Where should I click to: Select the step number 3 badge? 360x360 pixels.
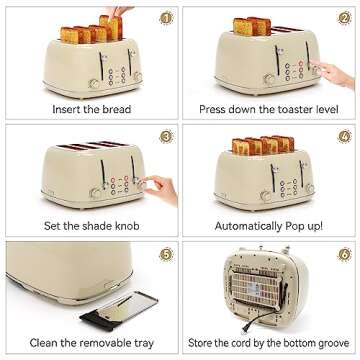click(x=165, y=136)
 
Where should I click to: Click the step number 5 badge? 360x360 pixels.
click(x=165, y=254)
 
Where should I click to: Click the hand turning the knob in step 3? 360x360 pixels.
click(x=160, y=184)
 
